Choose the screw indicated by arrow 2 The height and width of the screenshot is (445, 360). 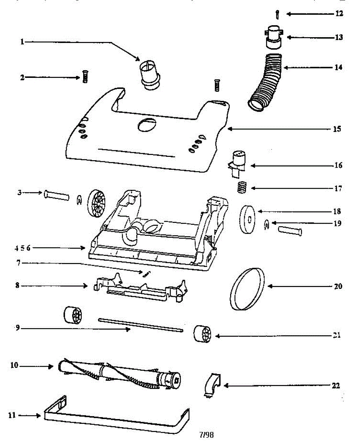[x=84, y=77]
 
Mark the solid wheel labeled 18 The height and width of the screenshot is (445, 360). [x=248, y=220]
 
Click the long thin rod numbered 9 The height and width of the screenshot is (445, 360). [x=141, y=324]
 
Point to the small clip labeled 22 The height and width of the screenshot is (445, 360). [x=212, y=386]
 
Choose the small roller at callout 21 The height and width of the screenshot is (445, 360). [x=202, y=333]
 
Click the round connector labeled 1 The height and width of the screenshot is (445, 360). [x=150, y=75]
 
